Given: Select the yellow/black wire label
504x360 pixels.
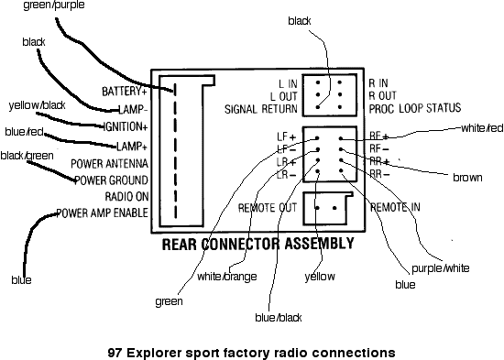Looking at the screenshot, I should pyautogui.click(x=36, y=104).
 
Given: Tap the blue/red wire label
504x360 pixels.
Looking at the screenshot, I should pyautogui.click(x=24, y=132).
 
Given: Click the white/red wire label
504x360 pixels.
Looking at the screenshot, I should pyautogui.click(x=482, y=127).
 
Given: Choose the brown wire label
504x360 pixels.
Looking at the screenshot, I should pyautogui.click(x=467, y=178).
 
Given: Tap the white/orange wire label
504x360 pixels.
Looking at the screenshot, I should pyautogui.click(x=226, y=276).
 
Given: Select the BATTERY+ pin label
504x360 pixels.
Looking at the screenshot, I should pyautogui.click(x=126, y=92).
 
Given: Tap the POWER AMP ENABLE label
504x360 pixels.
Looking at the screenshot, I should pyautogui.click(x=102, y=213).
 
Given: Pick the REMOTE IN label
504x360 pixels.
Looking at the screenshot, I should pyautogui.click(x=395, y=207).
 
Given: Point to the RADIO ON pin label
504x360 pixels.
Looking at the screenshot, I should pyautogui.click(x=126, y=197).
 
